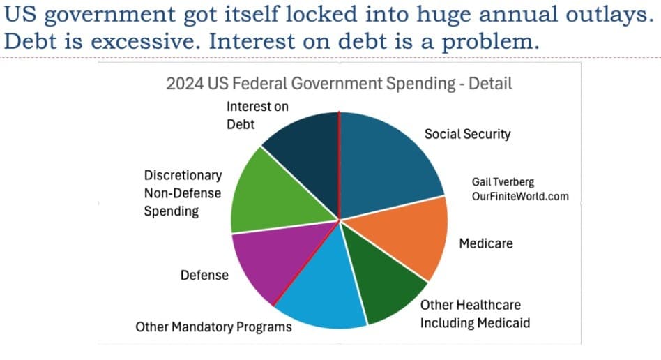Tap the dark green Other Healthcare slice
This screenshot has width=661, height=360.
point(387,286)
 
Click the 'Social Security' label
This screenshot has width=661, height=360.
point(467,134)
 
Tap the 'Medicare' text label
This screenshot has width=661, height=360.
point(486,243)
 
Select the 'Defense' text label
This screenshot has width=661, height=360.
point(204,275)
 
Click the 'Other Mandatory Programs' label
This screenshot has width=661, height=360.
point(213,326)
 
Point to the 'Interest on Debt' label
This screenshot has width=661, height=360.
point(257,114)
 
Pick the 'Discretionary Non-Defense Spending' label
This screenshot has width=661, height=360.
point(183,193)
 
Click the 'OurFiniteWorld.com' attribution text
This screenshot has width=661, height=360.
point(520,196)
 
